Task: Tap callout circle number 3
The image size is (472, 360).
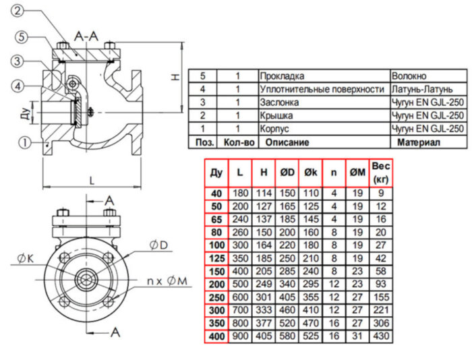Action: pos(18,61)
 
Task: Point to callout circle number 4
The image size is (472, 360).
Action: pos(21,86)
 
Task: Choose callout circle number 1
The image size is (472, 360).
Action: pos(25,142)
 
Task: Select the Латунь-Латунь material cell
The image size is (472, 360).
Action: pos(421,89)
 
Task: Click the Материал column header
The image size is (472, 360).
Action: pos(418,142)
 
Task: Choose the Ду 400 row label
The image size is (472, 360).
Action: pos(216,336)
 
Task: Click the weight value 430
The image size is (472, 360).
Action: pos(381,336)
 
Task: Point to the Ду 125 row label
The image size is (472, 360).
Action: pos(216,258)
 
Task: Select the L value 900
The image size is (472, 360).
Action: pos(241,336)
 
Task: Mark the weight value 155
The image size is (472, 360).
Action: pos(381,297)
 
